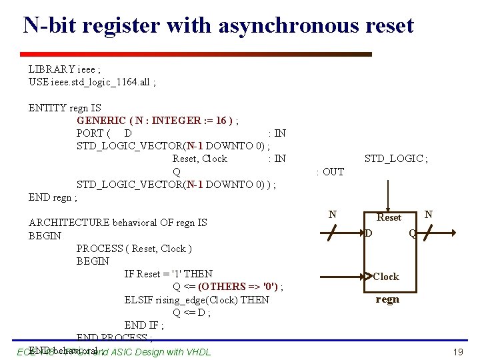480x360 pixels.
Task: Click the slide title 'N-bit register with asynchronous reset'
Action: pyautogui.click(x=218, y=25)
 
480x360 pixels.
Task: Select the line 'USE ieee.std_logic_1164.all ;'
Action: pyautogui.click(x=92, y=82)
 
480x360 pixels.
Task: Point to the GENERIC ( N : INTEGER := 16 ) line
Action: pyautogui.click(x=158, y=121)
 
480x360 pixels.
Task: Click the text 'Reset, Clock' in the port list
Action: pyautogui.click(x=199, y=159)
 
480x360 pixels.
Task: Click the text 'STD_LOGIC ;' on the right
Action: pyautogui.click(x=396, y=159)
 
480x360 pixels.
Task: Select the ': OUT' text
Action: pyautogui.click(x=330, y=172)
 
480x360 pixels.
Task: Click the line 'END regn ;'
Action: pyautogui.click(x=53, y=197)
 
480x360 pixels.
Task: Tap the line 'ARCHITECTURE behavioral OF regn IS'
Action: pyautogui.click(x=117, y=223)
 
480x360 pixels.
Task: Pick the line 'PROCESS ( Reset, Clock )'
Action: pyautogui.click(x=134, y=249)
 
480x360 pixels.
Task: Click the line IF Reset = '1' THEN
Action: pyautogui.click(x=168, y=274)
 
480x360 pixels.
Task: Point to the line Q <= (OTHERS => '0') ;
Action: pyautogui.click(x=228, y=287)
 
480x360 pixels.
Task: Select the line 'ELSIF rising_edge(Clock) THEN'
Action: pyautogui.click(x=197, y=300)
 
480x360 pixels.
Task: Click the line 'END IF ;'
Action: pyautogui.click(x=144, y=325)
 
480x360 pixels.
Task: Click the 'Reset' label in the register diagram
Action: pyautogui.click(x=389, y=217)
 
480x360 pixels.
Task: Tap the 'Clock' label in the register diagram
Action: pyautogui.click(x=385, y=276)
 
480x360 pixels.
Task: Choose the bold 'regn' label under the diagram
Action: pyautogui.click(x=387, y=299)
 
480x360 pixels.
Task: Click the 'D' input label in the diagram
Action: pyautogui.click(x=368, y=233)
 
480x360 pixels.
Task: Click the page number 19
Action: pyautogui.click(x=457, y=351)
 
